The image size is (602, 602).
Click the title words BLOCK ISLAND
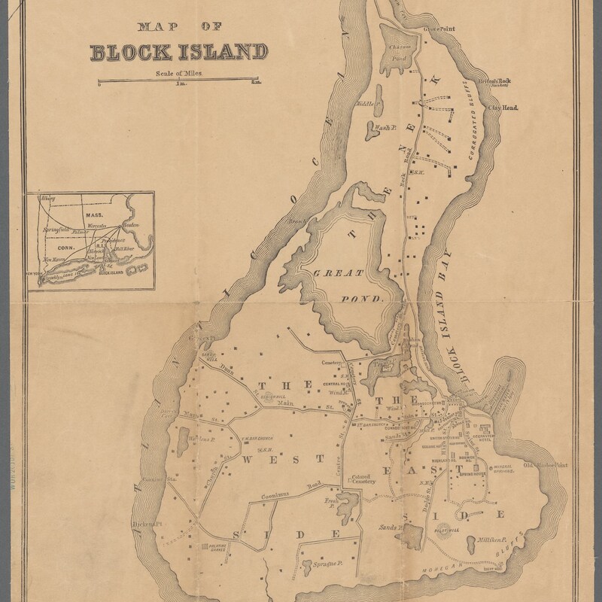coord(178,52)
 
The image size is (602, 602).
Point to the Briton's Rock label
coord(493,82)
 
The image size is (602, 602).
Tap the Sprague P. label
coord(319,563)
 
